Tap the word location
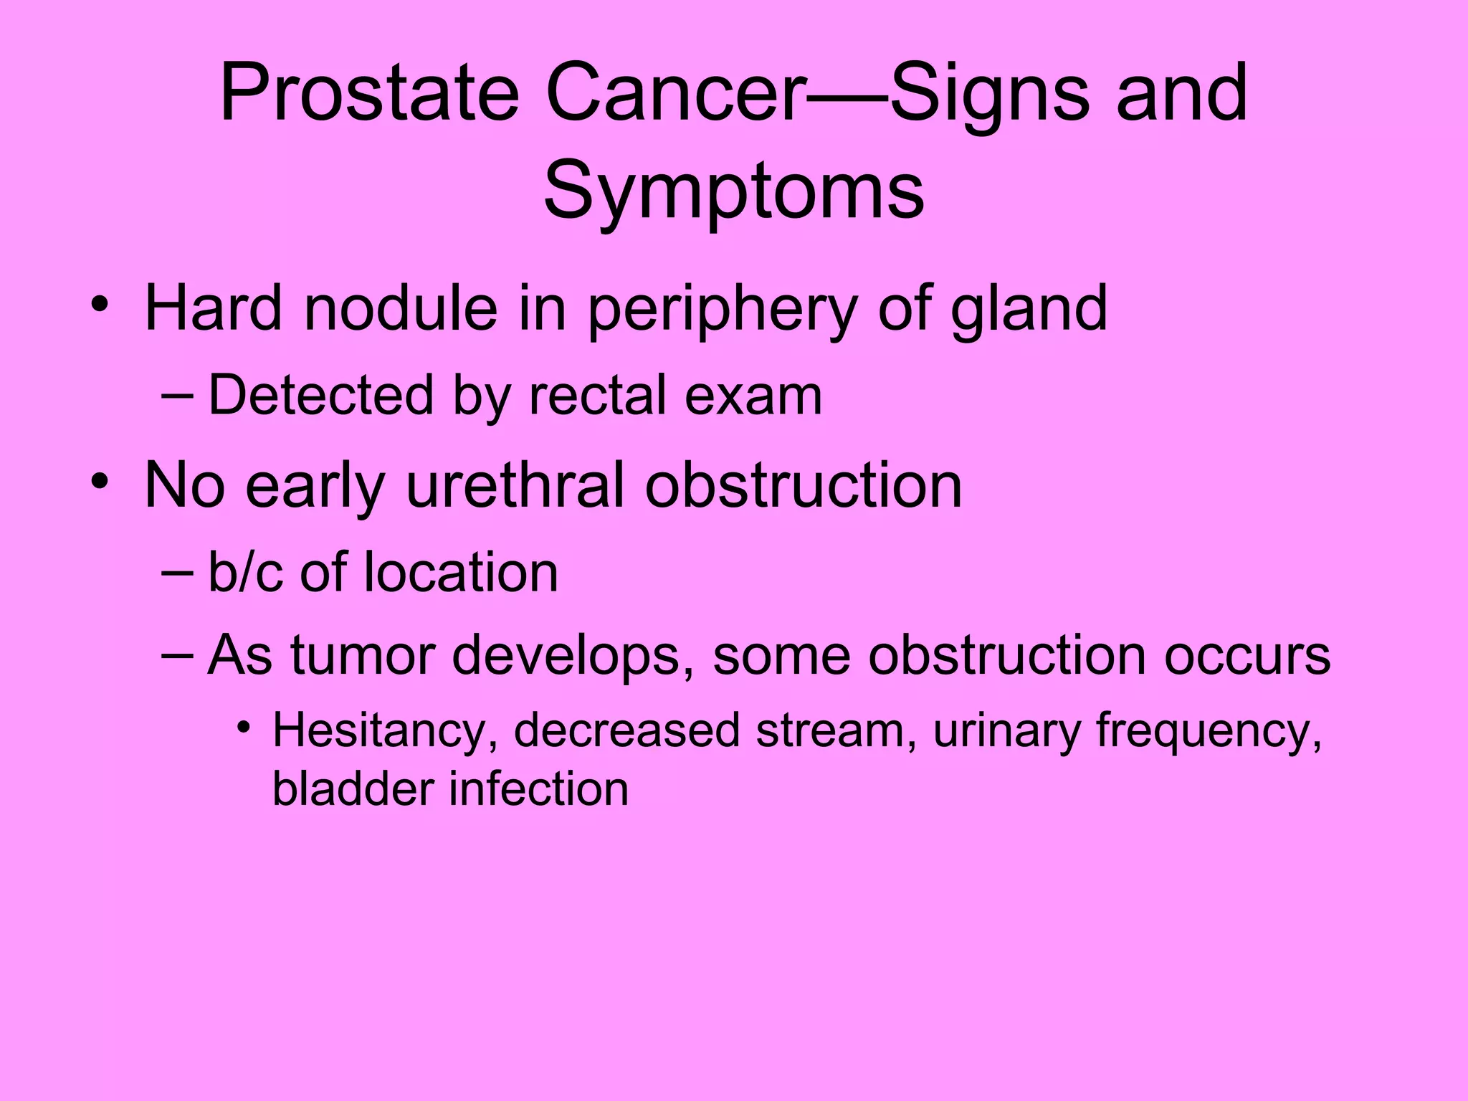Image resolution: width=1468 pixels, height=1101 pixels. (461, 573)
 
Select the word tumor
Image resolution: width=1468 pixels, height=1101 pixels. (363, 655)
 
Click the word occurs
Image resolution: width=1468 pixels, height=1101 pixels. (1247, 655)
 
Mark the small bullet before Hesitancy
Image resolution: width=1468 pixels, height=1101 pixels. (244, 728)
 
